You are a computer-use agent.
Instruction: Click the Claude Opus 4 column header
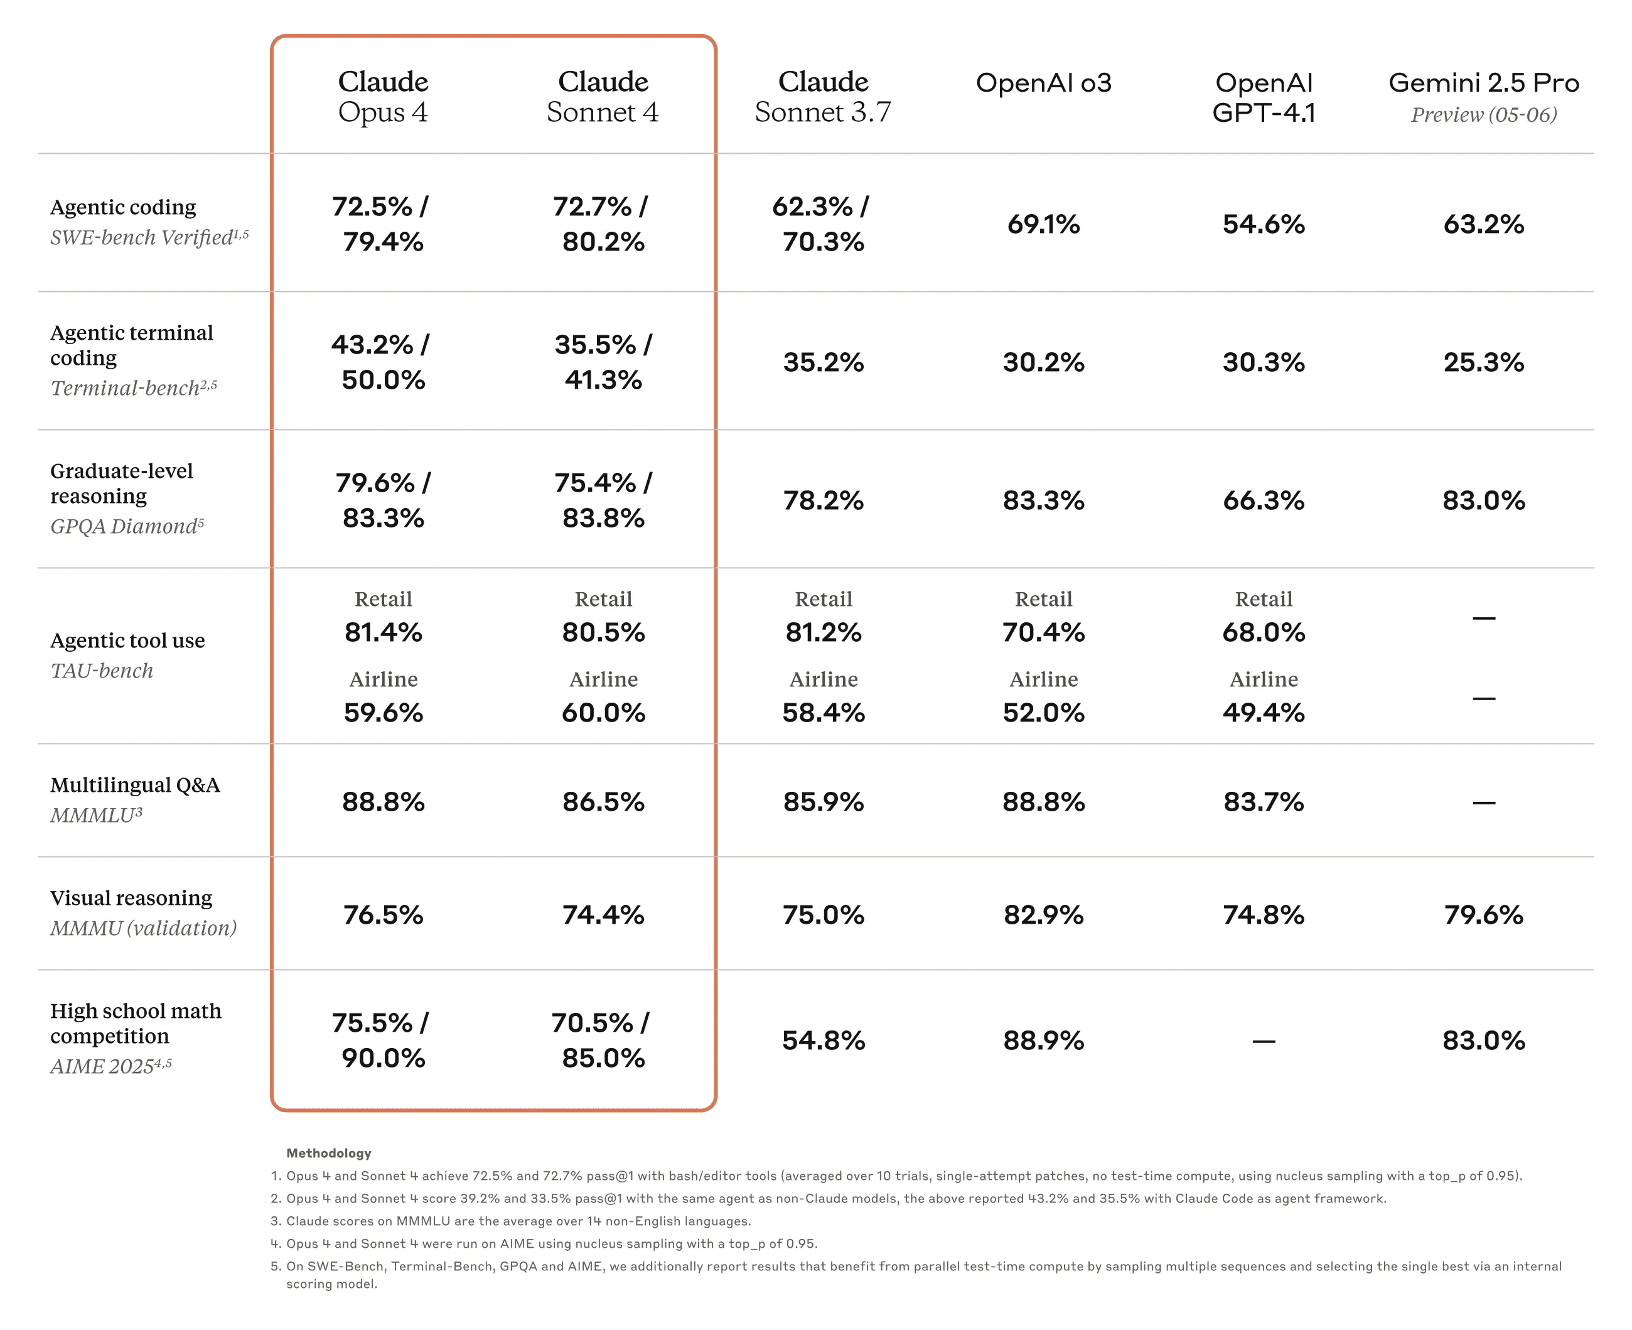(x=383, y=97)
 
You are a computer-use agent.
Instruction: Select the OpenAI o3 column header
(x=1043, y=83)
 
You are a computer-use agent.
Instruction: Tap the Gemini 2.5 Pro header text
(x=1483, y=83)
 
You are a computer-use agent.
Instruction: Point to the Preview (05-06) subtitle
(x=1483, y=115)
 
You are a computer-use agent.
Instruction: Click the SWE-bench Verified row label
(x=149, y=237)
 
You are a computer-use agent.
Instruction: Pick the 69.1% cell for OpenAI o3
(x=1043, y=224)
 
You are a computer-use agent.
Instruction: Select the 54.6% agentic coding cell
(x=1263, y=224)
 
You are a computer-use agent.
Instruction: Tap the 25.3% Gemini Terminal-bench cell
(x=1483, y=362)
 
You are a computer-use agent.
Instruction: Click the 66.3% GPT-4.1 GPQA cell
(x=1263, y=500)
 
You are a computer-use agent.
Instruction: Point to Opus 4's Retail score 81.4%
(x=383, y=632)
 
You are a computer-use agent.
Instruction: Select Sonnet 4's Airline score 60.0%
(x=603, y=713)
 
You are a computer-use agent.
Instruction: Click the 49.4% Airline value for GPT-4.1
(x=1263, y=713)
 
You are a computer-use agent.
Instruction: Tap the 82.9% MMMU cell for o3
(x=1043, y=914)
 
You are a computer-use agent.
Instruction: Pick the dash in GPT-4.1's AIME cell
(x=1263, y=1041)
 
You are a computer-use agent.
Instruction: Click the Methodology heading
(x=328, y=1153)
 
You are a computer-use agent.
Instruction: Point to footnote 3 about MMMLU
(x=518, y=1221)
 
